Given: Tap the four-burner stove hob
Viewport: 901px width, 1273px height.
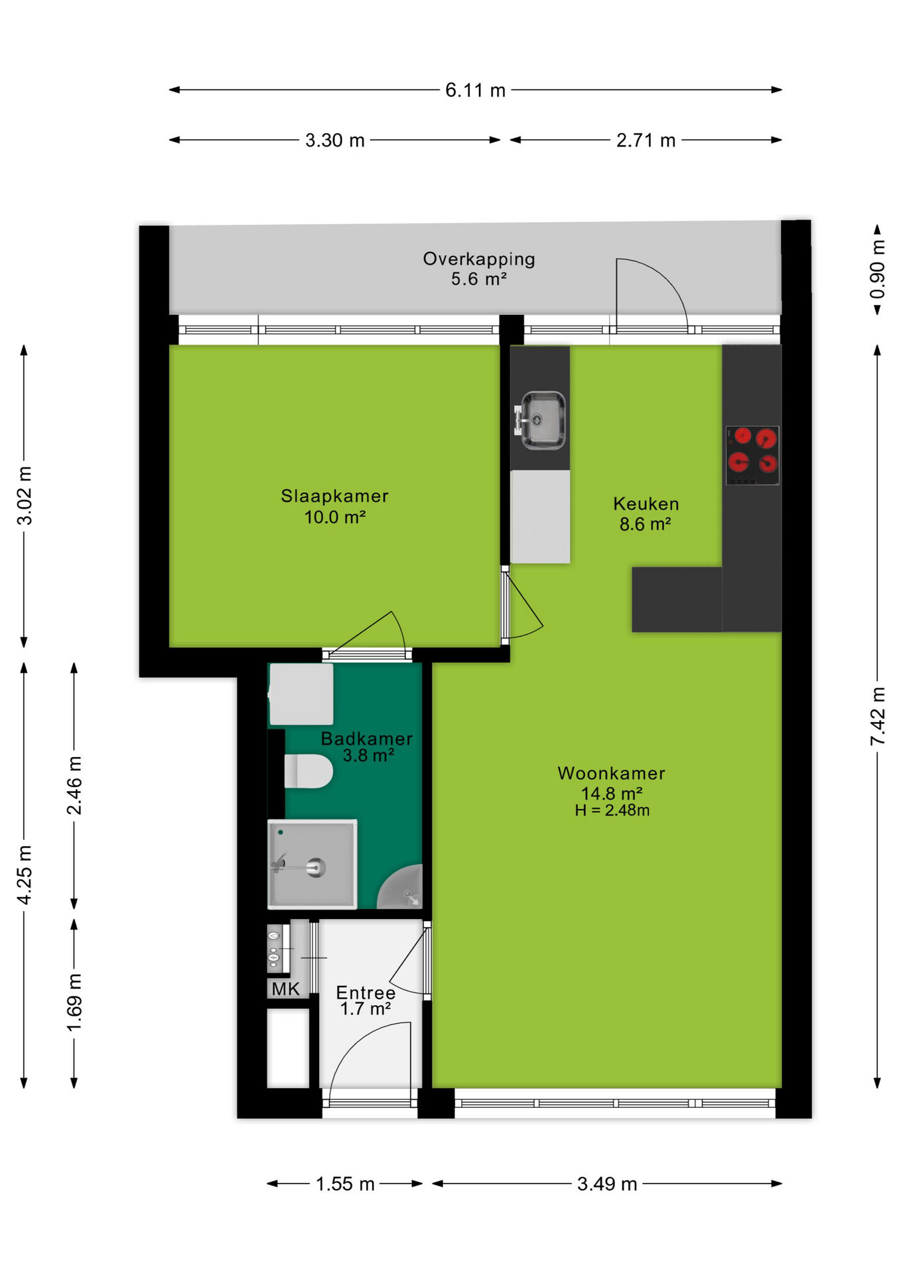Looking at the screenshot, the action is coord(752,455).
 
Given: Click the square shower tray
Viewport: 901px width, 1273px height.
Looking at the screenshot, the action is coord(312,864).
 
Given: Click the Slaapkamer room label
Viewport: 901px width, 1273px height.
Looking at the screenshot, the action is coord(334,496).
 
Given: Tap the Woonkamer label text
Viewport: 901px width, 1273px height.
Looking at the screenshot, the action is coord(611,773).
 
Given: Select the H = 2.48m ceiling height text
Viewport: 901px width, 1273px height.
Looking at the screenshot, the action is coord(612,810).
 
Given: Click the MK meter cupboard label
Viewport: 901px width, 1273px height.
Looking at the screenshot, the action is coord(285,989).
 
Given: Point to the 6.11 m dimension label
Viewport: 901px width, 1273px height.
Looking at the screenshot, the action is coord(475,90).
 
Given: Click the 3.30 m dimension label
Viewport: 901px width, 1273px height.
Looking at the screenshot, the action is coord(334,140).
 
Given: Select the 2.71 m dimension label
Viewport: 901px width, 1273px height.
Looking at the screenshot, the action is coord(646,140).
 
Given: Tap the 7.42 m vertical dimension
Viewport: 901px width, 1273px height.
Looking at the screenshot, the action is coord(877,716).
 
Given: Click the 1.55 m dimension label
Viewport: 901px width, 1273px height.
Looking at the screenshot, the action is coord(345,1183).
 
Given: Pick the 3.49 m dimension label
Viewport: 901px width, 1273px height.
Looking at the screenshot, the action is coord(606,1183).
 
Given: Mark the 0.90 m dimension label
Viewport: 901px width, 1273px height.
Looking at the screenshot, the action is coord(877,270).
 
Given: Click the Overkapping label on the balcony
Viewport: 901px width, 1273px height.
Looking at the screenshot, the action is coord(479,259).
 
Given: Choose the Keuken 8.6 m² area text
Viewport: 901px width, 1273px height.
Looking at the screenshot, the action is coord(646,514).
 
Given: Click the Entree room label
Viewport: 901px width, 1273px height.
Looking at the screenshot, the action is coord(366,993).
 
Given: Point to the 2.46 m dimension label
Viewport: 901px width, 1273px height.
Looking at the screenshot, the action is coord(74,785).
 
